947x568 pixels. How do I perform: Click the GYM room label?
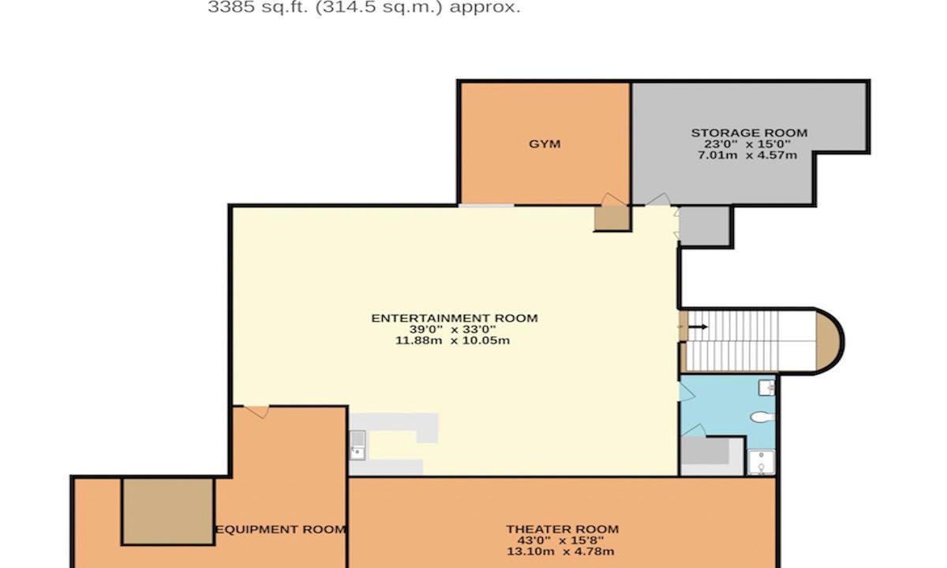545,144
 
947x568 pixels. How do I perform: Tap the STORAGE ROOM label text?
749,133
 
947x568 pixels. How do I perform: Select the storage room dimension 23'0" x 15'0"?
749,144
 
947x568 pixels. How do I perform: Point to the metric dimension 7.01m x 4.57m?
749,155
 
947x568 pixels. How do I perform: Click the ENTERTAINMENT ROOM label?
454,318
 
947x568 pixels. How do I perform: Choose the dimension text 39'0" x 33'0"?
454,329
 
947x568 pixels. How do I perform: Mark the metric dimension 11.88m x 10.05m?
454,340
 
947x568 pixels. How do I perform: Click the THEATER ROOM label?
562,529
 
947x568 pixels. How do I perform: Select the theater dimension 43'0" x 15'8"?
562,540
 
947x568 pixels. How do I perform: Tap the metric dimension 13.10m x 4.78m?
562,551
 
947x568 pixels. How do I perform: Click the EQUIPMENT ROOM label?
281,529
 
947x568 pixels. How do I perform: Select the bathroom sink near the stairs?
765,387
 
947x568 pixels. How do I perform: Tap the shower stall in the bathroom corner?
761,462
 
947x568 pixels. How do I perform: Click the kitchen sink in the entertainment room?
357,445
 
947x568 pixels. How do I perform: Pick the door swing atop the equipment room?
256,410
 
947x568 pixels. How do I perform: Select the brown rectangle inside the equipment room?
167,510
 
